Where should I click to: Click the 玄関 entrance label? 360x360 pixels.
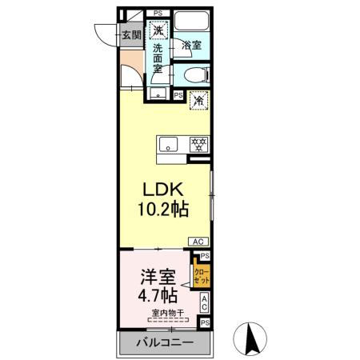coord(131,34)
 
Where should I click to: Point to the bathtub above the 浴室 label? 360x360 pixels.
coord(192,22)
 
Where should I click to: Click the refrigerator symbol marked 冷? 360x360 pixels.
coord(198,102)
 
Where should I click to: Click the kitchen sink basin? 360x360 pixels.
coord(170,145)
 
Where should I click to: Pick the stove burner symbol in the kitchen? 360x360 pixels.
coord(198,145)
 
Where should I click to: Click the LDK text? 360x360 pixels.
coord(164,190)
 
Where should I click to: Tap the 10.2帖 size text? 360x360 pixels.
coord(163,212)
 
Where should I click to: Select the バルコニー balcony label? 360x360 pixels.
coord(163,342)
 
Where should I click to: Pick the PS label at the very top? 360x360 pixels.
coord(158,13)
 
